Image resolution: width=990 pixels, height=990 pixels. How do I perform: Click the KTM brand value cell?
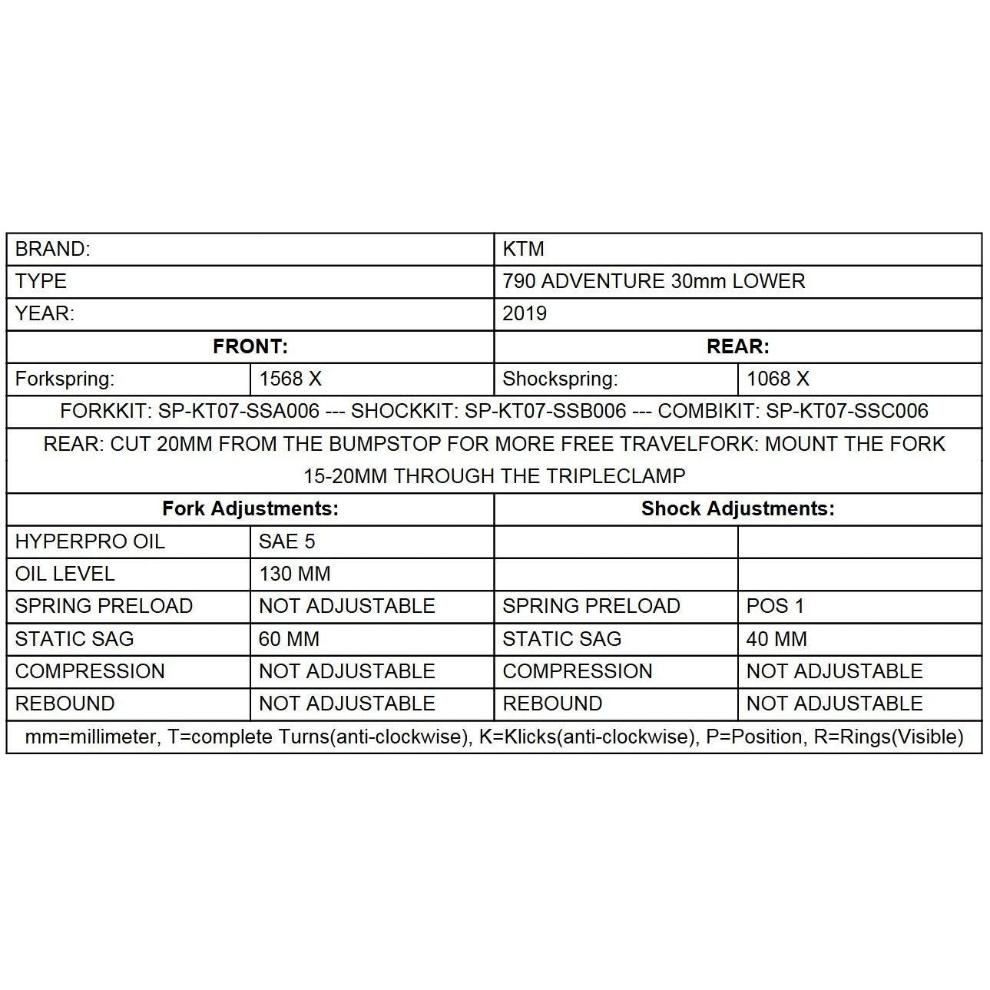[523, 249]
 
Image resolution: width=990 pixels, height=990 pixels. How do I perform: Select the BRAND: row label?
[52, 249]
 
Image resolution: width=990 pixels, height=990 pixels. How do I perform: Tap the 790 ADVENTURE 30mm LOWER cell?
[654, 281]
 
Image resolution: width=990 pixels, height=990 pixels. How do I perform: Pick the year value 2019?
[525, 313]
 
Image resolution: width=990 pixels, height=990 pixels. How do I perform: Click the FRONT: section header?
[250, 346]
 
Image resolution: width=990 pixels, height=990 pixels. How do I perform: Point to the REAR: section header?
[737, 346]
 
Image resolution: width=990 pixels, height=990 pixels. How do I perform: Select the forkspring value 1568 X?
[290, 379]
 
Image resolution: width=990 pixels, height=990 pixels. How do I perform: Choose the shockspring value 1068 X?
[778, 379]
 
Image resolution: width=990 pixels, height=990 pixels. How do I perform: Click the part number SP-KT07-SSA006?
[239, 411]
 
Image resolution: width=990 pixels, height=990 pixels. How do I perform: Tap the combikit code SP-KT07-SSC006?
[847, 411]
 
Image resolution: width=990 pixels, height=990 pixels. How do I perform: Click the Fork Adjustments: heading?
[250, 508]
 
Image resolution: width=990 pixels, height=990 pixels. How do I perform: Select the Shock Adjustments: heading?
[737, 508]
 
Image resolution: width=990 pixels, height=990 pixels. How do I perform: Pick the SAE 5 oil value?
[287, 541]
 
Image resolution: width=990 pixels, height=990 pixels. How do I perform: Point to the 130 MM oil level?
[295, 574]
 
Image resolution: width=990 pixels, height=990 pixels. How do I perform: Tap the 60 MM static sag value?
[289, 639]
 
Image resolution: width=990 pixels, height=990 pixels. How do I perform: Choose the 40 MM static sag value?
[776, 639]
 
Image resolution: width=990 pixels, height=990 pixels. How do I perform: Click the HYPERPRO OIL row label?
[90, 541]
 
